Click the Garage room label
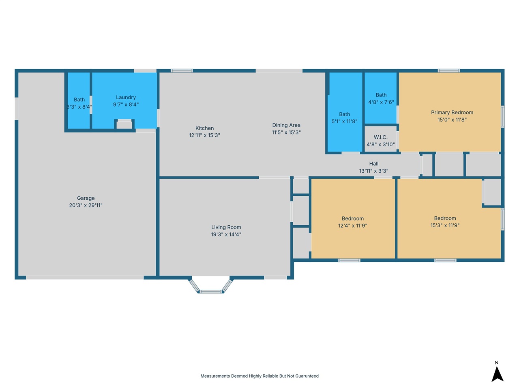(86, 198)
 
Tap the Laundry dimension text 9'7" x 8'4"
(126, 105)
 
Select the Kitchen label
(204, 128)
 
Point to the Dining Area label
(286, 125)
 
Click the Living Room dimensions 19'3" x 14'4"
(226, 234)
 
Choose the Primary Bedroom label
(452, 112)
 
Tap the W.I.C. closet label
(380, 137)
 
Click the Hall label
(373, 163)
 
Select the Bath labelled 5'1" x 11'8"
(345, 114)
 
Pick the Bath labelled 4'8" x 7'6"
(381, 95)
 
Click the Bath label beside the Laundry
(79, 100)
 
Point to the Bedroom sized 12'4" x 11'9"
(352, 218)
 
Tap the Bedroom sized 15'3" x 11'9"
(445, 218)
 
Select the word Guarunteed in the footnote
(306, 376)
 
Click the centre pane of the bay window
(211, 291)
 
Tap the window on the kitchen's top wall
(182, 71)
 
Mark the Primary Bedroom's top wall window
(448, 71)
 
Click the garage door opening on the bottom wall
(85, 278)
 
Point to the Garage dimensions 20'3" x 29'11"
(86, 205)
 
